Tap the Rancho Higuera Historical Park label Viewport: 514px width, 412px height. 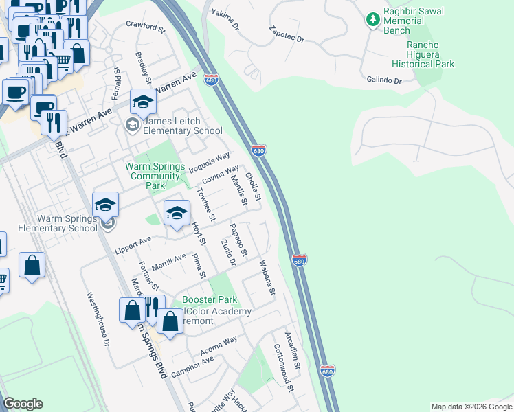coord(423,55)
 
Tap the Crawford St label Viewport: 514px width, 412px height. coord(146,27)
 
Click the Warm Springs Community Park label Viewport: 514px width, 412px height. coord(155,176)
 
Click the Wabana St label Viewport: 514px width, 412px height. coord(267,277)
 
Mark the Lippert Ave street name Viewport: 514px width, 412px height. coord(135,242)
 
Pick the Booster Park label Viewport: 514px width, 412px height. coord(210,300)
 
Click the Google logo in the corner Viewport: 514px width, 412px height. coord(23,404)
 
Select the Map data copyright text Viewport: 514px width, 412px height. coord(471,407)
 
